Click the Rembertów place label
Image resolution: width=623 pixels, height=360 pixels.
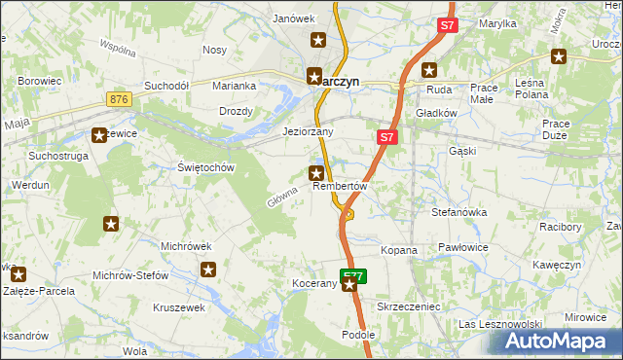339,187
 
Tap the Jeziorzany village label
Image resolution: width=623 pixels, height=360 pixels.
308,131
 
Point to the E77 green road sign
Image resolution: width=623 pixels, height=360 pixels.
354,275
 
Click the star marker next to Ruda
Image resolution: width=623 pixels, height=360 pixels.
429,70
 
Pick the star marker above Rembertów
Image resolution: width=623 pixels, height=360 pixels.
316,174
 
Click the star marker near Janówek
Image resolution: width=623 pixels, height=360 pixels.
318,40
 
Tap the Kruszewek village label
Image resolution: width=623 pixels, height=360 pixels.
179,307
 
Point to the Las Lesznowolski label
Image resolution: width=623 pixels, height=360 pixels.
499,324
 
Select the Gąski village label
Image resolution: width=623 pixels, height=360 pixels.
461,152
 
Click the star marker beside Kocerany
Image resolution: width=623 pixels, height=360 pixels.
350,285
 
